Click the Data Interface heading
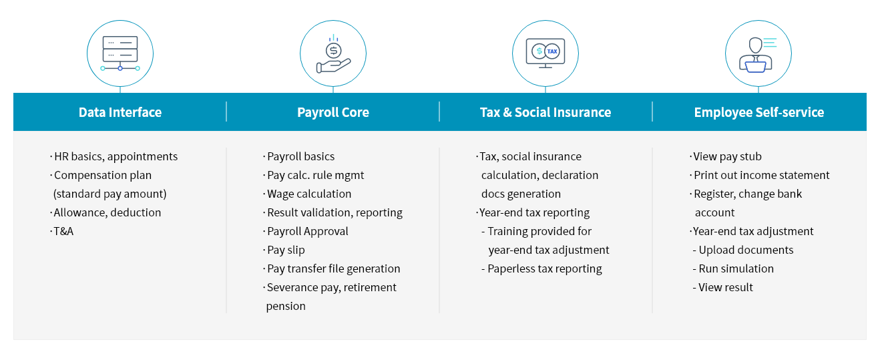click(120, 112)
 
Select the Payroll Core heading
click(333, 112)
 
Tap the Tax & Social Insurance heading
click(545, 112)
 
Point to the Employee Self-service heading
click(759, 112)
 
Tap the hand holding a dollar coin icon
click(334, 54)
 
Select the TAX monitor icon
click(545, 53)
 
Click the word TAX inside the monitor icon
click(552, 51)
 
